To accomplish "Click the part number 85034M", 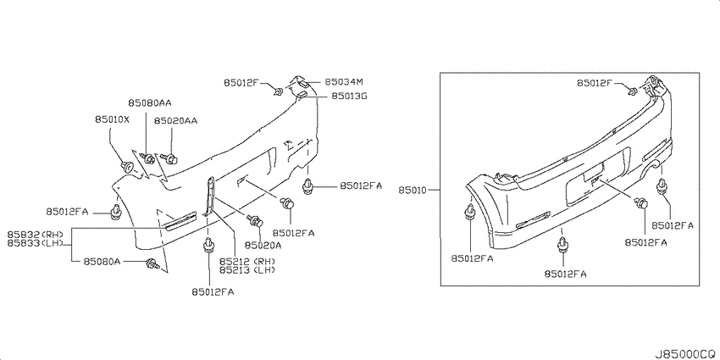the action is click(x=344, y=82).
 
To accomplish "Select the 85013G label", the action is click(x=344, y=97).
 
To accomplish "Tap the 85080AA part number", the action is click(x=147, y=102).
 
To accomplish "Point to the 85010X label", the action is click(x=113, y=119).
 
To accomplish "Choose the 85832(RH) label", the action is click(x=35, y=234).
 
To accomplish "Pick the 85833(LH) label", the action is click(x=35, y=242).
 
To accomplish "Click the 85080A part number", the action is click(x=102, y=262).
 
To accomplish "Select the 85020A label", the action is click(x=263, y=246).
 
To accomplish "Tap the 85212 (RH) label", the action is click(x=247, y=261).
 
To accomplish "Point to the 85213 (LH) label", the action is click(x=247, y=270).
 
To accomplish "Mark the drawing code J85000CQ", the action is click(x=685, y=354).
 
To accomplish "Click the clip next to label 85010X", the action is click(x=127, y=166).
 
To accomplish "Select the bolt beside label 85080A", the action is click(x=152, y=263).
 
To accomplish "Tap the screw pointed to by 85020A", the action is click(x=255, y=220).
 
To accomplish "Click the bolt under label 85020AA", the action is click(x=170, y=159).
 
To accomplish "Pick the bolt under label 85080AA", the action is click(x=148, y=158).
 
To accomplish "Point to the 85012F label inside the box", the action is click(x=595, y=83).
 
